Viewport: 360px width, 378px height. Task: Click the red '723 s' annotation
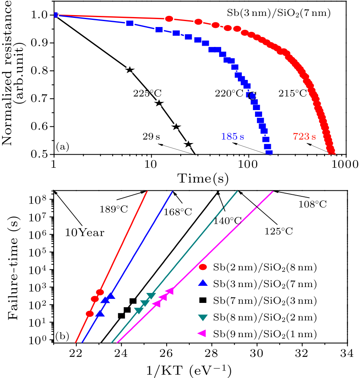(304, 137)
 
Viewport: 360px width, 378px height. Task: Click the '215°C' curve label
(292, 94)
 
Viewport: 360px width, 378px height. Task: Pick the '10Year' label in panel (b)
(85, 233)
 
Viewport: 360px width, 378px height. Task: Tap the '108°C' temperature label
(313, 204)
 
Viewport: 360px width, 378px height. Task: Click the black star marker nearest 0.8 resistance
(129, 70)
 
